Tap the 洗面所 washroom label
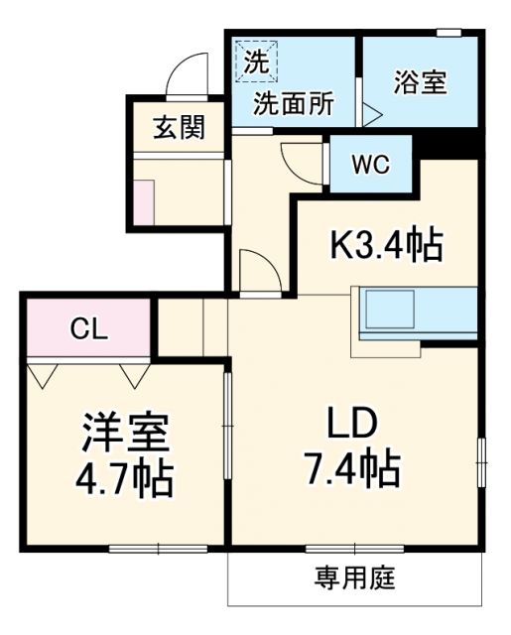[292, 103]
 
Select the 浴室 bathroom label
[419, 81]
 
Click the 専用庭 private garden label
[355, 576]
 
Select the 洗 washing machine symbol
[257, 63]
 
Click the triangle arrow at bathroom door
[371, 112]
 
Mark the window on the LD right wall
[482, 460]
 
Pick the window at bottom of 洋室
[158, 547]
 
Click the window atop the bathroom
[449, 33]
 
